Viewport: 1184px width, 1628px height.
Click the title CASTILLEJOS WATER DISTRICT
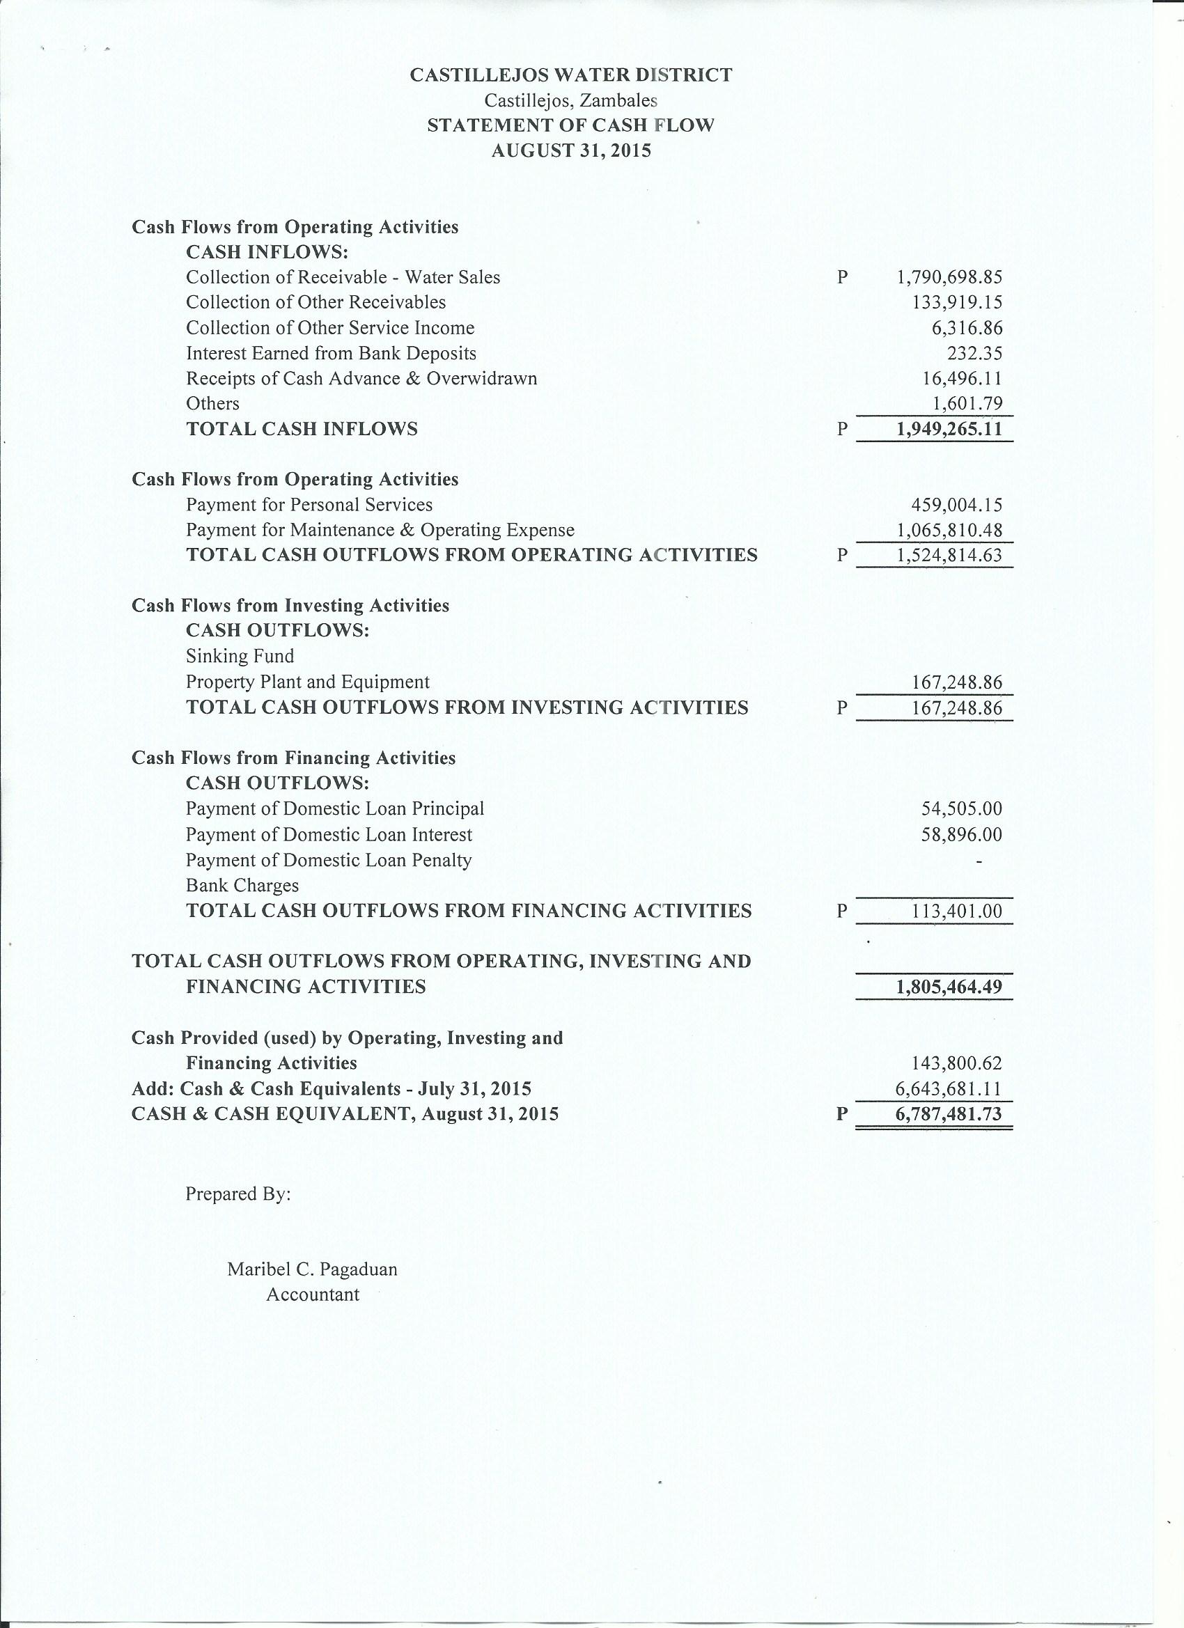click(571, 75)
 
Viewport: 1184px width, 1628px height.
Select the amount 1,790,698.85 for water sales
click(949, 277)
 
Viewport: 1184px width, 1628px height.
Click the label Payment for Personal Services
click(309, 505)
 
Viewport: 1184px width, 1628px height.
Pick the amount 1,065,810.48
click(949, 531)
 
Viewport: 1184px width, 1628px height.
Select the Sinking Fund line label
click(240, 656)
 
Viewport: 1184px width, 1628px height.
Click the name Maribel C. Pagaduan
click(312, 1269)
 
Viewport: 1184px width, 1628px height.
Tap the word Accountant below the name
click(312, 1294)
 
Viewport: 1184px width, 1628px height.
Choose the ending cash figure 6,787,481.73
click(949, 1114)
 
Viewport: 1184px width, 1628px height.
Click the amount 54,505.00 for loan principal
click(961, 809)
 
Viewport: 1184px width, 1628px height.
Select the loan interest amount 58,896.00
click(961, 835)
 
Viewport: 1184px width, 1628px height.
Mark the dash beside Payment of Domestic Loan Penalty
click(979, 861)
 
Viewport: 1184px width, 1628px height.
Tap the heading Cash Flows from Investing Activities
click(290, 606)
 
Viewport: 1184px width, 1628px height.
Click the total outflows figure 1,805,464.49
click(949, 987)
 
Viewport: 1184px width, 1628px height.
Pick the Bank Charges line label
click(242, 886)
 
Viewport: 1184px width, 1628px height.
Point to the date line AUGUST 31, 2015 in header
click(571, 150)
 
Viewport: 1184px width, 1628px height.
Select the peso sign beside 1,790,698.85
click(842, 277)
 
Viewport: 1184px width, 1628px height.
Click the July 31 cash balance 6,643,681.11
click(949, 1089)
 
